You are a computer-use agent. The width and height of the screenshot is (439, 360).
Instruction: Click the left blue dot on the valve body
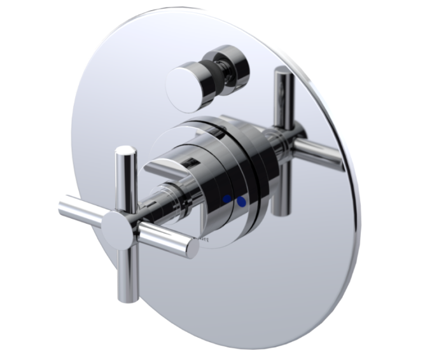pos(227,200)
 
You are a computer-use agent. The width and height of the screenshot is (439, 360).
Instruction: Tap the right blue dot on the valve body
pos(241,202)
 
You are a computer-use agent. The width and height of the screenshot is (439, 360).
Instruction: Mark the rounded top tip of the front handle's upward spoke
pos(126,151)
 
